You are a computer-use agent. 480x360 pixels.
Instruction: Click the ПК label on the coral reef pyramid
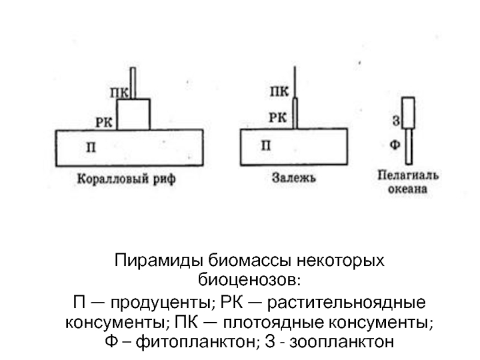[119, 92]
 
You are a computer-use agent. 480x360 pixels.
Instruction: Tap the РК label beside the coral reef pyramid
[104, 122]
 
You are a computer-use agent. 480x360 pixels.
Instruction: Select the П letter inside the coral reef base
[91, 148]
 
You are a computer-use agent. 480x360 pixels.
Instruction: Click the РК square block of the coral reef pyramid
[133, 114]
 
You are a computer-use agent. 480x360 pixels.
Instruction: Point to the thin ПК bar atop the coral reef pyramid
[133, 83]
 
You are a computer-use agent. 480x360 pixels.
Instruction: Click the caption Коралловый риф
[127, 178]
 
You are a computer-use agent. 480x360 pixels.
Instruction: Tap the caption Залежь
[294, 178]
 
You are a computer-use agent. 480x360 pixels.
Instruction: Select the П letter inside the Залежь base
[266, 145]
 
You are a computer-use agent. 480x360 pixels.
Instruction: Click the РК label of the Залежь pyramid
[278, 118]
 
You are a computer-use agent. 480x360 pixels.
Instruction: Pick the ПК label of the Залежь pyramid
[279, 91]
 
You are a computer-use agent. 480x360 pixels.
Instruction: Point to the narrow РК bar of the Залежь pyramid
[295, 113]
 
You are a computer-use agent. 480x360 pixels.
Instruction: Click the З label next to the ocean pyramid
[396, 121]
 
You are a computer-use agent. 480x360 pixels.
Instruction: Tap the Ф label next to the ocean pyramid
[395, 144]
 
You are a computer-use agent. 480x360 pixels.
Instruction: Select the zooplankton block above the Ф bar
[409, 113]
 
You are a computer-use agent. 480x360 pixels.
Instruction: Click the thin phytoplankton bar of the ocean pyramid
[409, 146]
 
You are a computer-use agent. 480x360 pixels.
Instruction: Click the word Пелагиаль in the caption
[408, 175]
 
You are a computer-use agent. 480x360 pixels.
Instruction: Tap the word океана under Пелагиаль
[407, 188]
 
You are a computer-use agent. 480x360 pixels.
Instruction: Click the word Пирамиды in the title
[159, 261]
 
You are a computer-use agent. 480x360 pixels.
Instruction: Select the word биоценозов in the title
[250, 280]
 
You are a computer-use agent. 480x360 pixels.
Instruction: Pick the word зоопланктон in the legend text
[341, 341]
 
